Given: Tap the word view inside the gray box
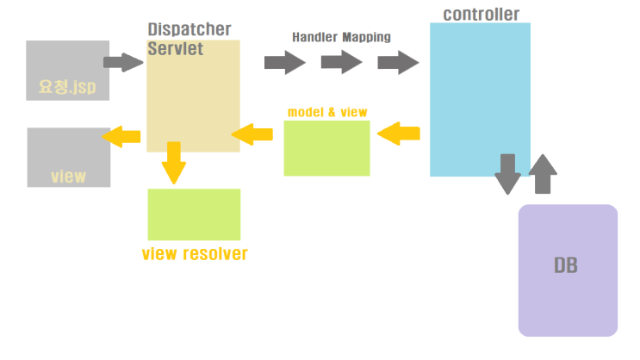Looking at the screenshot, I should coord(68,177).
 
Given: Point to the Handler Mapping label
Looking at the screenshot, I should coord(341,37).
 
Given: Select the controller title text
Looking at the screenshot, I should coord(481,14).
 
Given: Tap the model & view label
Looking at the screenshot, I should coord(327,112).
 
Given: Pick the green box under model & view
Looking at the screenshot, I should coord(326,148).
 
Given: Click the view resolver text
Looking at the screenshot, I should coord(195,254).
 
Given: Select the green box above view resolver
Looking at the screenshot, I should coord(194,214).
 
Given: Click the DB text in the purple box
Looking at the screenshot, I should coord(566,265).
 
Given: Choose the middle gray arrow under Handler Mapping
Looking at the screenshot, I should coord(341,62).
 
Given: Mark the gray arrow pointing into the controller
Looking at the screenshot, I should coord(398,62).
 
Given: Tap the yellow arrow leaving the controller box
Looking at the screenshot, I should coord(399,133).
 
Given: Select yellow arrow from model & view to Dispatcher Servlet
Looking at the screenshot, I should coord(252,133).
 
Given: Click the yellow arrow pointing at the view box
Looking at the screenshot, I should coord(121,136).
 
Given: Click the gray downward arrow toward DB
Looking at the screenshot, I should coord(508,175).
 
